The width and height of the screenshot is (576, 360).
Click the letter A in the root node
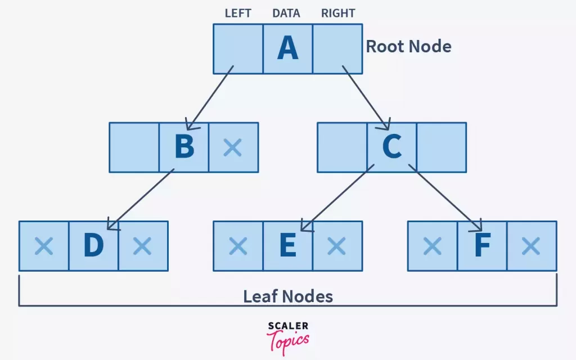point(287,49)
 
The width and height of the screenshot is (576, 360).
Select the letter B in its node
point(184,147)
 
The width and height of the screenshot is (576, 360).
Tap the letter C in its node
point(391,147)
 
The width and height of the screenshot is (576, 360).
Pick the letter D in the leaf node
point(93,246)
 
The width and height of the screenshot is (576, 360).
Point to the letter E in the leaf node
point(287,246)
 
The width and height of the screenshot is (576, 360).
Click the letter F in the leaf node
point(482,246)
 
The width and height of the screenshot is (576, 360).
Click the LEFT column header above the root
point(238,13)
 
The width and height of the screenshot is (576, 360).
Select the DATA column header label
point(286,13)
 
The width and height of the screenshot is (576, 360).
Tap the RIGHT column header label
point(338,13)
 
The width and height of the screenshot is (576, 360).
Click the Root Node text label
point(409,46)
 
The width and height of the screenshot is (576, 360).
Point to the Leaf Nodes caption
point(288,296)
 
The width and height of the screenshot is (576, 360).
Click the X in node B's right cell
point(232,147)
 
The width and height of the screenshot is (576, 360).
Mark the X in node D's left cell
point(44,246)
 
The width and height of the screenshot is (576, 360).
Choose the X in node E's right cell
point(336,246)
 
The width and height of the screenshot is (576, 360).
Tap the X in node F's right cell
point(531,246)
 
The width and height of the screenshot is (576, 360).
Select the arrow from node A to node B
point(209,98)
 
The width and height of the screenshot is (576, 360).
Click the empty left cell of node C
point(342,147)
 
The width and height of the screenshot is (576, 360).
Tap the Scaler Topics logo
point(287,336)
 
